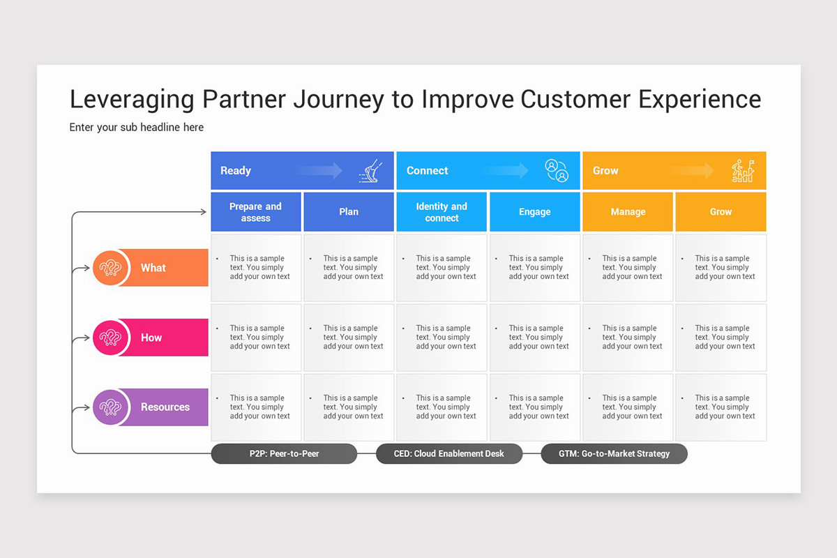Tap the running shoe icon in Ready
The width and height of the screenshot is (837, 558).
point(370,171)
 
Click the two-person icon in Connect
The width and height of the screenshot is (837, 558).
point(557,171)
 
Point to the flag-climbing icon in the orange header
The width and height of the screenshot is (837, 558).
point(743,171)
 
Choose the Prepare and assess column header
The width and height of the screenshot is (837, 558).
point(256,212)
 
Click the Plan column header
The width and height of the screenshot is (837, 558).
point(349,212)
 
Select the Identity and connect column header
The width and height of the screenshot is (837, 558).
point(442,212)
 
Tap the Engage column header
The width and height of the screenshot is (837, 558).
point(535,212)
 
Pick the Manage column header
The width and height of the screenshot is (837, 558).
point(628,212)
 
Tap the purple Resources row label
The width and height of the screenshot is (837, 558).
point(165,407)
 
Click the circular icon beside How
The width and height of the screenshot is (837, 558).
point(111,338)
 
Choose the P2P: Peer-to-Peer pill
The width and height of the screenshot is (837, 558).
point(284,454)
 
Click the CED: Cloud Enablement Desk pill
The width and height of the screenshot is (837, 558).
point(449,454)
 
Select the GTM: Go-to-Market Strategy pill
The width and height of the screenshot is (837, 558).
point(614,454)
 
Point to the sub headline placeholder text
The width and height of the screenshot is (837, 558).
point(137,128)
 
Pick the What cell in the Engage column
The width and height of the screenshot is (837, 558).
point(535,268)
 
